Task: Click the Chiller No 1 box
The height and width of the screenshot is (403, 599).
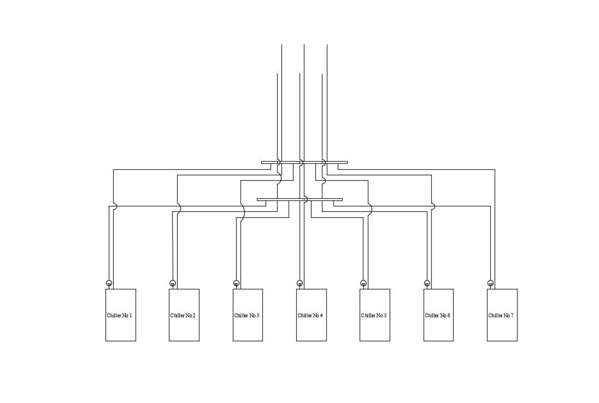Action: point(120,328)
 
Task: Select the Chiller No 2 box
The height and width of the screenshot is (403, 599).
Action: point(184,328)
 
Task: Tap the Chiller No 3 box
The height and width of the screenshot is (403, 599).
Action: point(248,328)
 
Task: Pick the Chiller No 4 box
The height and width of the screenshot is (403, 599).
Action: point(311,328)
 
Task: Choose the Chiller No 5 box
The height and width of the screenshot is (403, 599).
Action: point(374,328)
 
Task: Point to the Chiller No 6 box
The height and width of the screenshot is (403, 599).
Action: point(438,328)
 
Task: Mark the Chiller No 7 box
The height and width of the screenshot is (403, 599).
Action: point(502,328)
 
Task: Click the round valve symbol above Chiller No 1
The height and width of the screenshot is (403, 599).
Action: point(109,283)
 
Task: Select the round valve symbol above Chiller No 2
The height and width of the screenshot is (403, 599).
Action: point(173,283)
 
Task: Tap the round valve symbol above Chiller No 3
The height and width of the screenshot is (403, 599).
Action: point(236,283)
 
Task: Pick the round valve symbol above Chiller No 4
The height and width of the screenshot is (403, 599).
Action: point(299,283)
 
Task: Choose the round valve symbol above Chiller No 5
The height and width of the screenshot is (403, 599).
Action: point(363,283)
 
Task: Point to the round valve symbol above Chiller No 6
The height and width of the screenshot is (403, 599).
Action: point(427,283)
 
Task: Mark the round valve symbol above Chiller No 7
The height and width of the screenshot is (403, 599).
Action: point(490,283)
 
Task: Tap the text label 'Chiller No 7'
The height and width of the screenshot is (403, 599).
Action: point(501,316)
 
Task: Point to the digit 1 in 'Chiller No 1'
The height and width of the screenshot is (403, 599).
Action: point(130,316)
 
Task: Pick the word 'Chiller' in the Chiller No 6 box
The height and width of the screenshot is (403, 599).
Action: point(432,316)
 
